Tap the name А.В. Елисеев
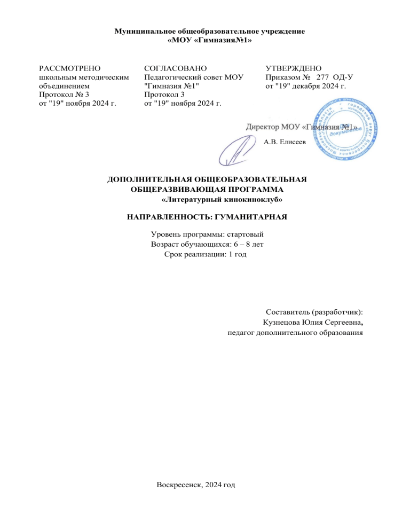coord(286,142)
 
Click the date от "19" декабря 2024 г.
coord(302,85)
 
